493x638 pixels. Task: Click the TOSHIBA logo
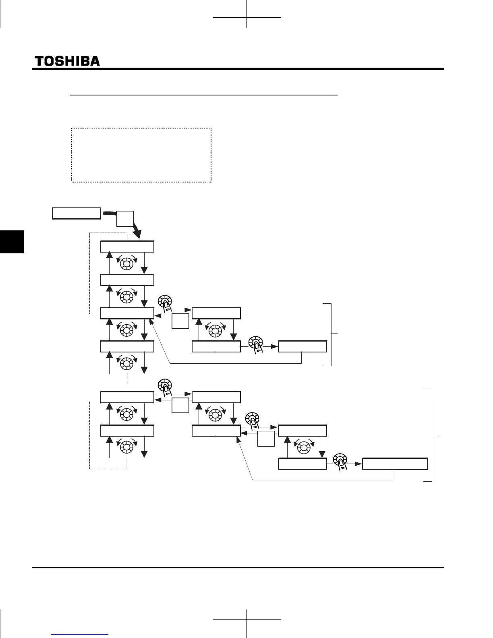pyautogui.click(x=67, y=61)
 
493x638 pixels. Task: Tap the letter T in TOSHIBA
pyautogui.click(x=39, y=61)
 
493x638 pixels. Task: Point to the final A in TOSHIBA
pyautogui.click(x=95, y=61)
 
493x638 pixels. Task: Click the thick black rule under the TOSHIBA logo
pyautogui.click(x=238, y=69)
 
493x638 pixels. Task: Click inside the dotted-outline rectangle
pyautogui.click(x=141, y=155)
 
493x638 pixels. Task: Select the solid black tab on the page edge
pyautogui.click(x=12, y=242)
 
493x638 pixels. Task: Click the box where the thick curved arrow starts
pyautogui.click(x=77, y=213)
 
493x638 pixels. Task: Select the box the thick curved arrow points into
pyautogui.click(x=127, y=246)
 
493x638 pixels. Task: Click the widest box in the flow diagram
pyautogui.click(x=394, y=464)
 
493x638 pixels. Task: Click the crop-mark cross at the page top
pyautogui.click(x=246, y=18)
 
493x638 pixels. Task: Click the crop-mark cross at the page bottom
pyautogui.click(x=246, y=619)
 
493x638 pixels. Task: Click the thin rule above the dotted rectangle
pyautogui.click(x=203, y=95)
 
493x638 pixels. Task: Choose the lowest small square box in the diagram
pyautogui.click(x=266, y=438)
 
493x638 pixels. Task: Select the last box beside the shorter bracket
pyautogui.click(x=302, y=346)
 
